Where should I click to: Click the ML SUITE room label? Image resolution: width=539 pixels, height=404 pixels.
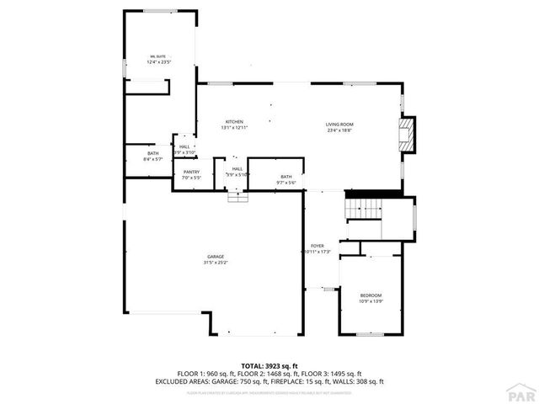[x=158, y=56]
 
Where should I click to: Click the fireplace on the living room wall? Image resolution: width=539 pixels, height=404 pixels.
[x=408, y=135]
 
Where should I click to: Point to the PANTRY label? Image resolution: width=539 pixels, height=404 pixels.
[x=190, y=173]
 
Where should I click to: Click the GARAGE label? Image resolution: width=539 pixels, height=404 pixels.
[x=216, y=257]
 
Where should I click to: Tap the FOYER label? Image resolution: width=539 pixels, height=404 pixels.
[x=317, y=246]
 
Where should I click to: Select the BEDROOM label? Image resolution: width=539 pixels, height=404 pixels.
[x=371, y=295]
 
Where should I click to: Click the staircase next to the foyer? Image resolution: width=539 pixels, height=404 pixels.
[x=364, y=207]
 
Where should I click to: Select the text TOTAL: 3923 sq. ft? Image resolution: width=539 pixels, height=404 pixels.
[x=269, y=366]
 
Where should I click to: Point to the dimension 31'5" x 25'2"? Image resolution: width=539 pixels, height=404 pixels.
[x=216, y=263]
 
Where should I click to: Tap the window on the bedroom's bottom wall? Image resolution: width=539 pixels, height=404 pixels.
[x=371, y=334]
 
